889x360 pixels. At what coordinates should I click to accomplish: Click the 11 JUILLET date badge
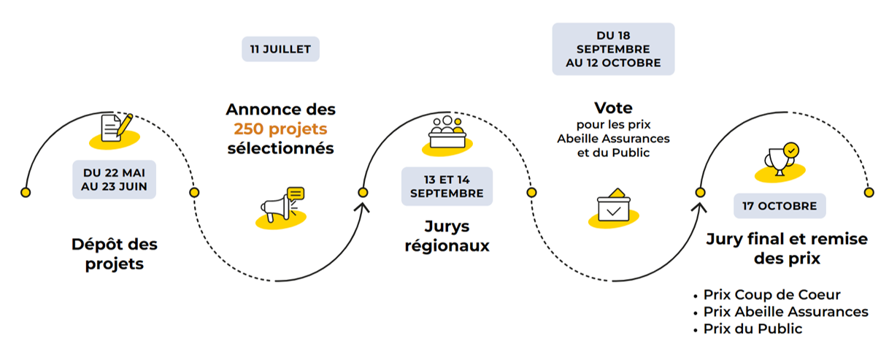tap(280, 50)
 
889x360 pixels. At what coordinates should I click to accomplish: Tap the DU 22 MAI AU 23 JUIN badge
tap(114, 180)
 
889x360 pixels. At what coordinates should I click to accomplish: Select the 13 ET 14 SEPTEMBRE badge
tap(447, 186)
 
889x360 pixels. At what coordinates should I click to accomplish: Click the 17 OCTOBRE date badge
tap(780, 206)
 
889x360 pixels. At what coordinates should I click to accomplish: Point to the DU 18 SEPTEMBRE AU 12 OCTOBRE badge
tap(613, 49)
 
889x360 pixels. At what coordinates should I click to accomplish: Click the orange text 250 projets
tap(280, 129)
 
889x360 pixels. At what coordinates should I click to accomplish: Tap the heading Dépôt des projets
tap(115, 253)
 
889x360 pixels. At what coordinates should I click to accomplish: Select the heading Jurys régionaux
tap(447, 236)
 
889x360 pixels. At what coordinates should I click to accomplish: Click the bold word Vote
tap(613, 108)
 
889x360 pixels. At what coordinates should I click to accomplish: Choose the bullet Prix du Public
tap(752, 329)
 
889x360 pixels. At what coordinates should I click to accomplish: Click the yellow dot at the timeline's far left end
tap(26, 192)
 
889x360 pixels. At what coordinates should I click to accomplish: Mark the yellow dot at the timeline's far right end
tap(869, 192)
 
